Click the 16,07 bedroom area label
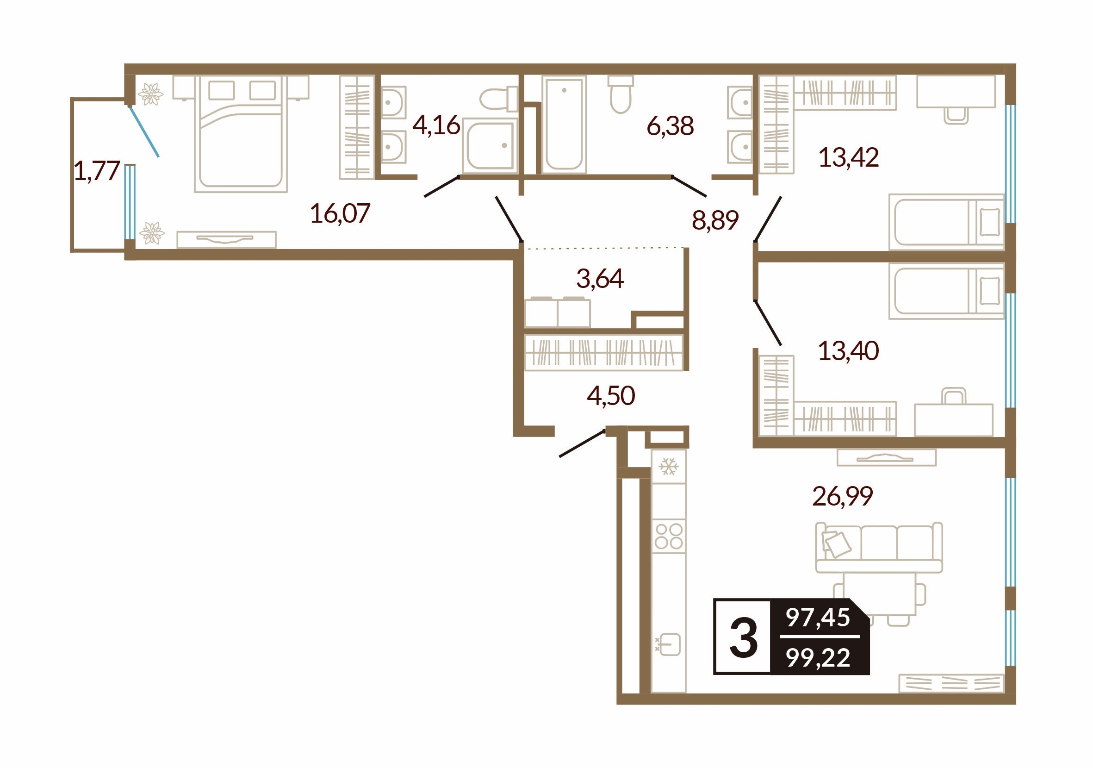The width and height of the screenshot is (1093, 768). (x=340, y=213)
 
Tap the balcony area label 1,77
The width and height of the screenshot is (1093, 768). (x=97, y=171)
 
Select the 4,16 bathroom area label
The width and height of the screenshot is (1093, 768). (x=436, y=125)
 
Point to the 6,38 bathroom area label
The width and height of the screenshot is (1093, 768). (x=670, y=126)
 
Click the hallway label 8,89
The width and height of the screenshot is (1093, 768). (x=715, y=220)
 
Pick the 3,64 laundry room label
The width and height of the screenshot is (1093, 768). (x=600, y=279)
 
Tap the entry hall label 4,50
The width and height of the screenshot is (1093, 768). (x=611, y=396)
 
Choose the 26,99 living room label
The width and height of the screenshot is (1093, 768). (x=842, y=496)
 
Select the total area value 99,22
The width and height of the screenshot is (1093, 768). (x=818, y=658)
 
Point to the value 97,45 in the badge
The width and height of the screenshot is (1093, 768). (x=818, y=618)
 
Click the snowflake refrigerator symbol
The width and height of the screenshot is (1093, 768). (x=668, y=467)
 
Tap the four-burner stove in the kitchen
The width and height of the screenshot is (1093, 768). (x=668, y=536)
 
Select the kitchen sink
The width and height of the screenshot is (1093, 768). (x=668, y=645)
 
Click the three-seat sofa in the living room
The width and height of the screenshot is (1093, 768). (x=879, y=548)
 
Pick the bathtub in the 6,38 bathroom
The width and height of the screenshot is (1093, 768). (x=564, y=124)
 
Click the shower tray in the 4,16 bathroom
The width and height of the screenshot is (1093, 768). (x=489, y=145)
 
